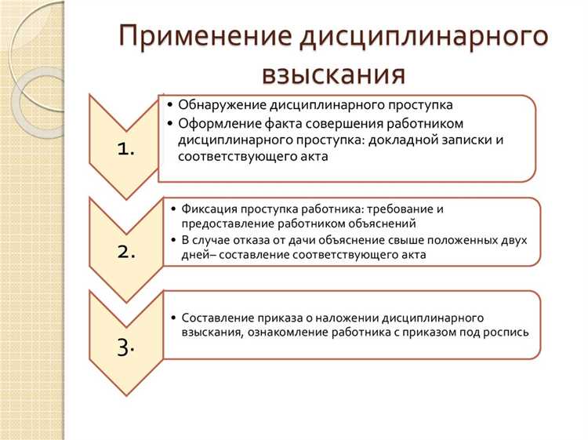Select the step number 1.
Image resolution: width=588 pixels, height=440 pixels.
click(x=125, y=150)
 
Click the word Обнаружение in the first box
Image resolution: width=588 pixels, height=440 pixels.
click(x=223, y=104)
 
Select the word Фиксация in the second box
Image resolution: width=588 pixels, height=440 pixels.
click(x=208, y=209)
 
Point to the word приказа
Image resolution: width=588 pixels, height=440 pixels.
click(x=270, y=318)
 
